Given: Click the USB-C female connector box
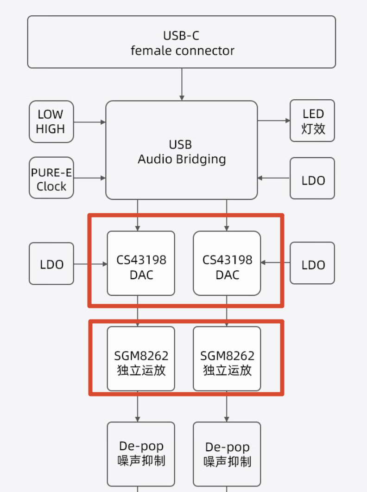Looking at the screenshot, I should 181,42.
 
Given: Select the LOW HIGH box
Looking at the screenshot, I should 51,121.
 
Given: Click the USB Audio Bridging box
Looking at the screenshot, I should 181,150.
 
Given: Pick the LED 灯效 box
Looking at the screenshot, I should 312,121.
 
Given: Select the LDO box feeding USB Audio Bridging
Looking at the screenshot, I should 312,179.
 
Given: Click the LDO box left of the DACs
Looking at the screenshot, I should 51,264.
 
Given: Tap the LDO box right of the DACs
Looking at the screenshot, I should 312,263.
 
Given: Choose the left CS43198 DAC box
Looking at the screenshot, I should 141,263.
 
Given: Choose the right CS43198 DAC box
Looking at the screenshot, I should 227,263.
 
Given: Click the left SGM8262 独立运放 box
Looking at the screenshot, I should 141,359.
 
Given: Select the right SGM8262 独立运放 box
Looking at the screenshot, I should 227,359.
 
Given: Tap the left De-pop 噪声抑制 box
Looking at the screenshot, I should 141,454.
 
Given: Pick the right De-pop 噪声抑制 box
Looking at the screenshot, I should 227,454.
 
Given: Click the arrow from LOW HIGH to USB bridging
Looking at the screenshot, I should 90,122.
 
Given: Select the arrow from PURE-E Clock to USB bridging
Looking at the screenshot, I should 90,178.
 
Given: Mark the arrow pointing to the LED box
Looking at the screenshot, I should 274,121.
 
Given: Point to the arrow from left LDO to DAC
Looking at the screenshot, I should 90,264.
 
